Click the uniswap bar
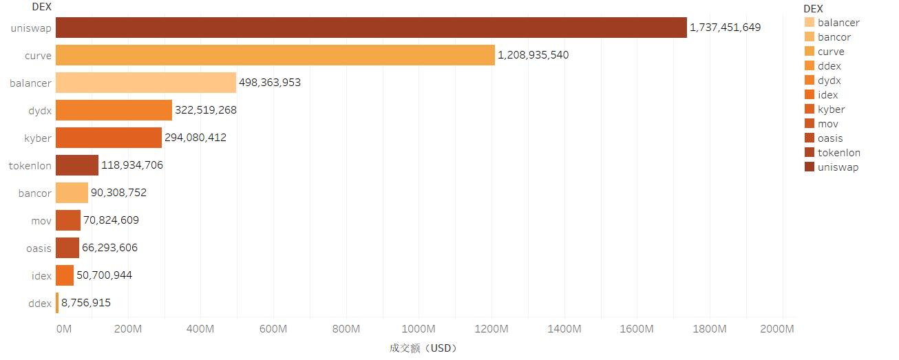coord(371,28)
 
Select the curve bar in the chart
coord(275,55)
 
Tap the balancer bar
coord(146,83)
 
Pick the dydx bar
coord(114,110)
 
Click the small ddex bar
coord(57,303)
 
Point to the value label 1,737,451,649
coord(726,28)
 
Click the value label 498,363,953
coord(270,83)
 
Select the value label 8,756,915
coord(86,303)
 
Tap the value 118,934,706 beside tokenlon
coord(132,165)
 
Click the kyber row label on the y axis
coord(38,138)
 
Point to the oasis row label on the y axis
coord(39,248)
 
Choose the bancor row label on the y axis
coord(35,193)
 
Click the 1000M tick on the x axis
coord(419,329)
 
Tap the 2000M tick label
coord(777,329)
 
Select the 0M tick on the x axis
coord(63,329)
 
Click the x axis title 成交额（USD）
coord(423,348)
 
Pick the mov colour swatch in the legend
coord(809,124)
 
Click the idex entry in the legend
coord(828,95)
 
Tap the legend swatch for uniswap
coord(809,167)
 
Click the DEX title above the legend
coord(813,8)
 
